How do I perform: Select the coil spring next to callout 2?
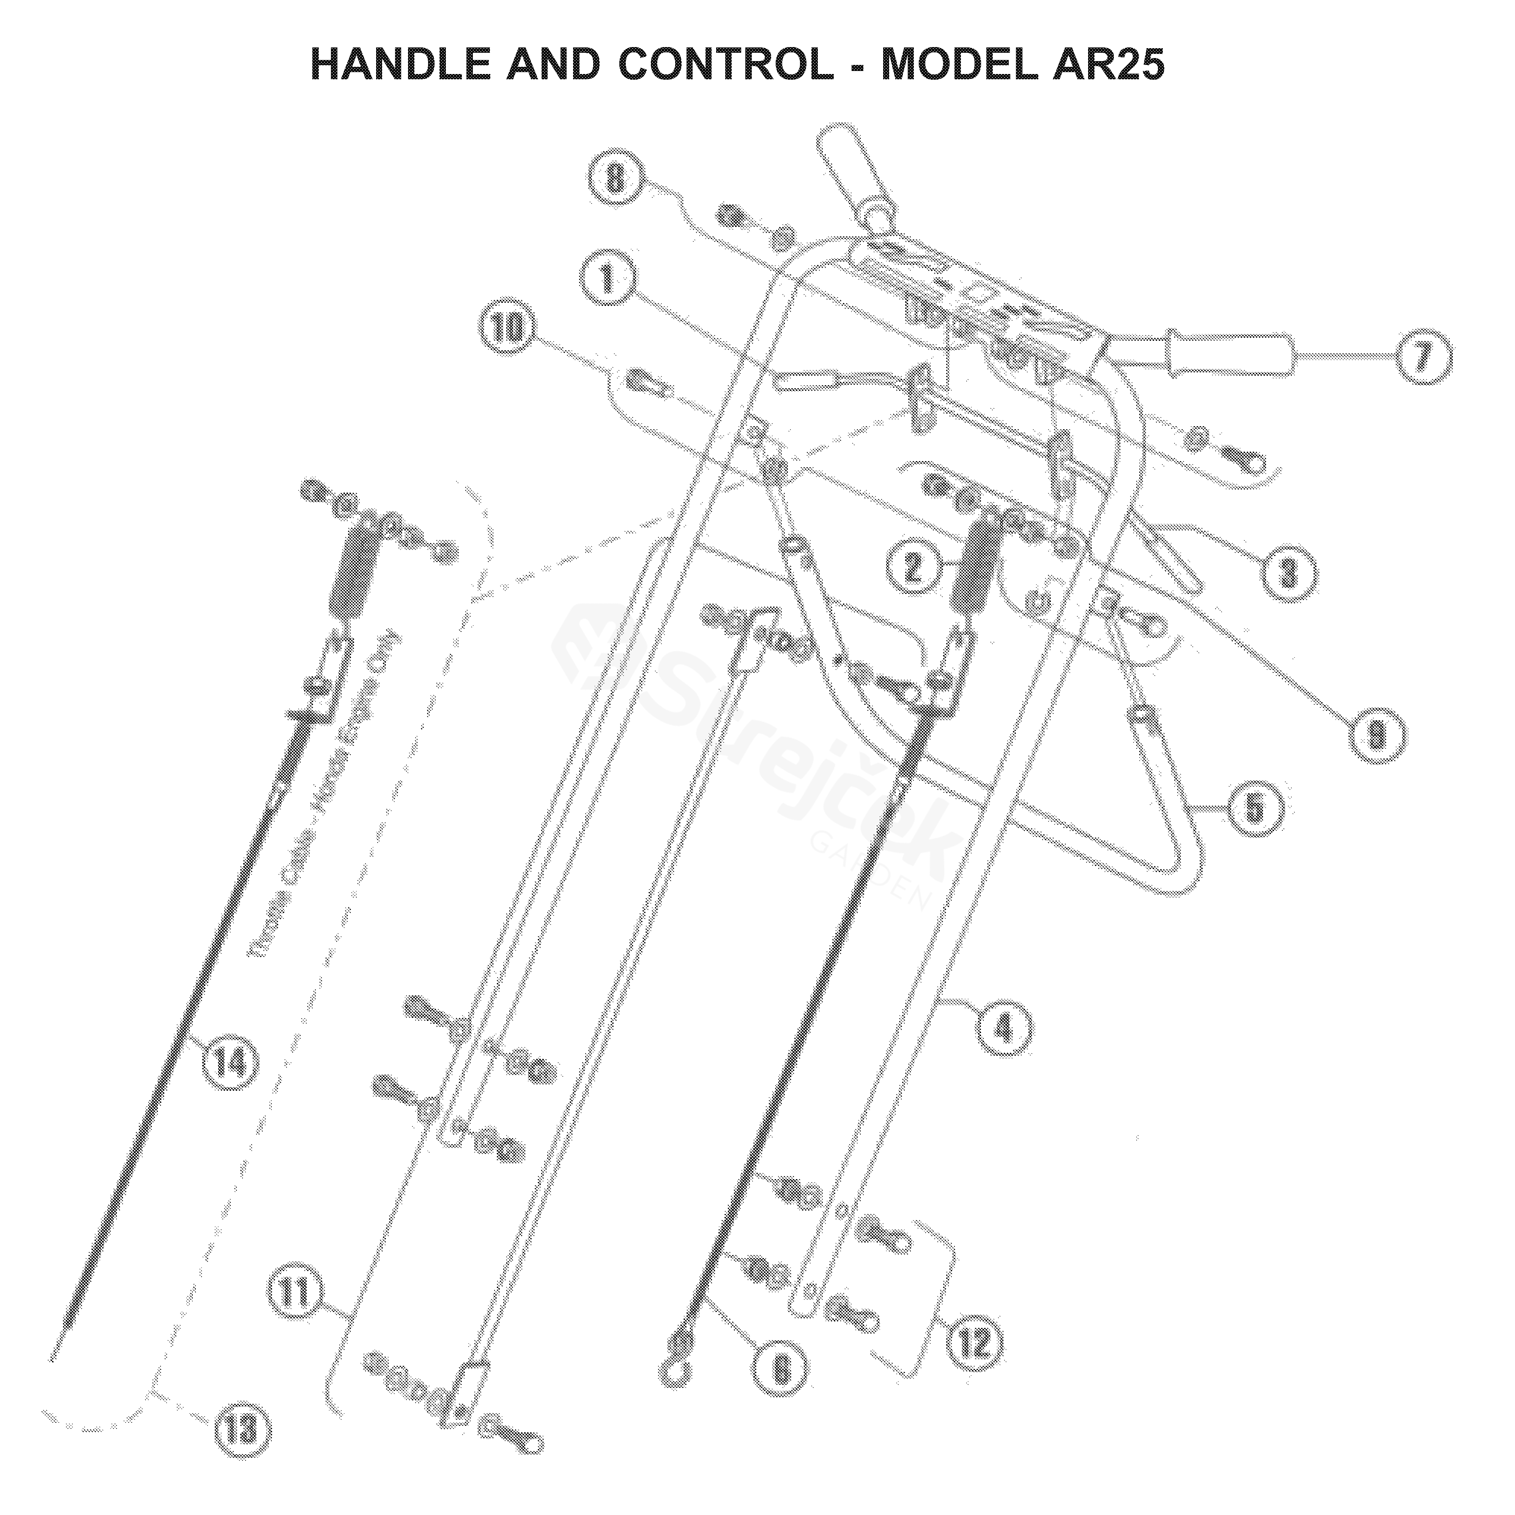click(975, 563)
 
